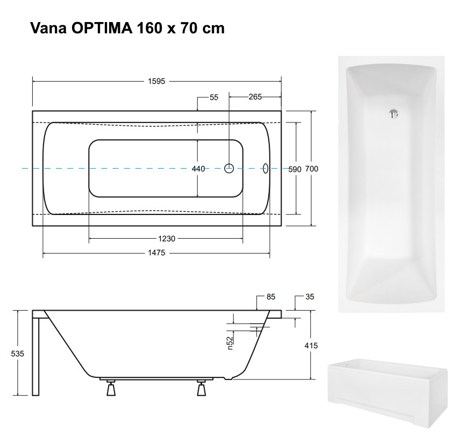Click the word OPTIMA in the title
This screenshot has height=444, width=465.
(102, 28)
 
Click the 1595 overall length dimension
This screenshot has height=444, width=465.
(156, 81)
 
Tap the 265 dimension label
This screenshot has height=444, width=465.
(255, 97)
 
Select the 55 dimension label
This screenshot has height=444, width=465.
(214, 97)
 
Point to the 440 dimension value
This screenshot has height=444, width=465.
(198, 169)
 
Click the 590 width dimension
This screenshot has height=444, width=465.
(295, 169)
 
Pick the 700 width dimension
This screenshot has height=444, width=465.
(312, 169)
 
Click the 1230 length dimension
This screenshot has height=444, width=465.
(167, 239)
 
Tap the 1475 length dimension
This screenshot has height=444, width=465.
(156, 253)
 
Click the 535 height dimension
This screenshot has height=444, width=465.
(18, 354)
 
